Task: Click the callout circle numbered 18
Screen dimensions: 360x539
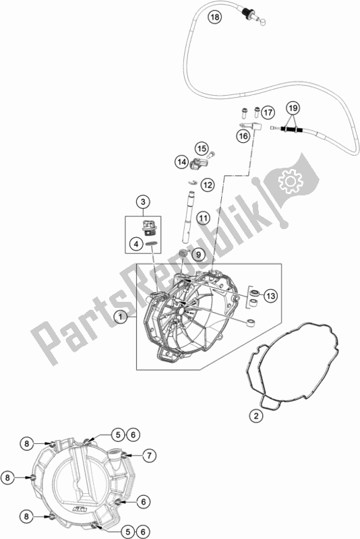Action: [x=214, y=17]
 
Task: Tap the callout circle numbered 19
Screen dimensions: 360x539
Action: [x=293, y=108]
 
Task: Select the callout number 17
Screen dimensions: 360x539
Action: [x=268, y=113]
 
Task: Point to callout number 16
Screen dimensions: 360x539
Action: [x=243, y=136]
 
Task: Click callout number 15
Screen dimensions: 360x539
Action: [x=202, y=149]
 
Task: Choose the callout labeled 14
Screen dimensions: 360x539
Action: [x=181, y=162]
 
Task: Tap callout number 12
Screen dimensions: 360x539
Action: [x=208, y=185]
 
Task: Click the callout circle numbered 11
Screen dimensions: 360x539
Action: [x=203, y=218]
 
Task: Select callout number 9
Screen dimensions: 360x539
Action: [x=198, y=255]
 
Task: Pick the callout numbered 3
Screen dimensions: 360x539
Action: [x=143, y=201]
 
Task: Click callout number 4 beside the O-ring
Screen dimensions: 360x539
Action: [x=136, y=245]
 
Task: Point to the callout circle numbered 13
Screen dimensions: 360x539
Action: [x=271, y=296]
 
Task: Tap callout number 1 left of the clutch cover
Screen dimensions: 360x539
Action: [x=121, y=317]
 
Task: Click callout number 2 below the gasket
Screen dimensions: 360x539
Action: [x=256, y=416]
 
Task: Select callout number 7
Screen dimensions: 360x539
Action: [x=149, y=456]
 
